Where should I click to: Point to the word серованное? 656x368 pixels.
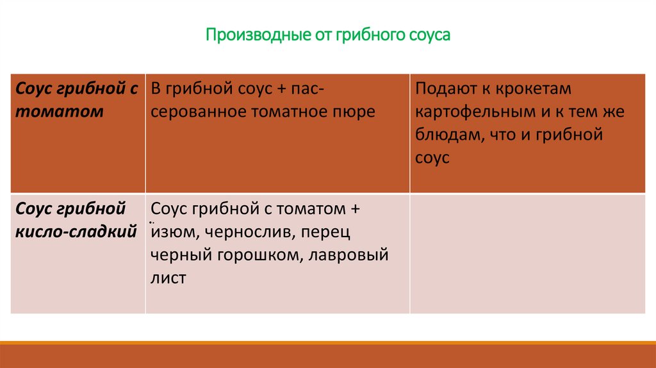click(x=190, y=112)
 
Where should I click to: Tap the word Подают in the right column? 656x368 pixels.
click(x=444, y=88)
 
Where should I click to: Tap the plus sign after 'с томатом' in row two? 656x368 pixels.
click(x=356, y=209)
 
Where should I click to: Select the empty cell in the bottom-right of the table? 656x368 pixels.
click(x=527, y=253)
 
